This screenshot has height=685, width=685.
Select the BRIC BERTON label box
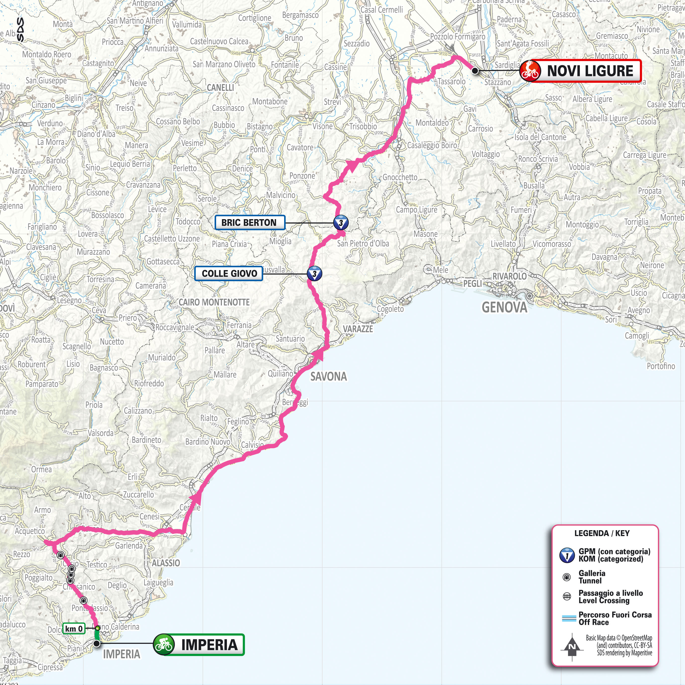(x=249, y=223)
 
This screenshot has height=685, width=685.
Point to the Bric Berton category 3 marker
(x=341, y=223)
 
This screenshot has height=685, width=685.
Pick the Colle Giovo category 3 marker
(x=314, y=274)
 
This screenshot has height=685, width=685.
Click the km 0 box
(x=74, y=629)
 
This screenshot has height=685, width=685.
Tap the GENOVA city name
(x=504, y=307)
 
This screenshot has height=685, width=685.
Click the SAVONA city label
(x=329, y=377)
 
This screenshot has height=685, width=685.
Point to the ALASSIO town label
(x=166, y=563)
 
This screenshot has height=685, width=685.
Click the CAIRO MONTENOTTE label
(x=214, y=302)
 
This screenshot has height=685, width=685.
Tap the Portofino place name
(x=661, y=366)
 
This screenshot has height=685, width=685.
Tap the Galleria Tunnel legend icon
(x=567, y=578)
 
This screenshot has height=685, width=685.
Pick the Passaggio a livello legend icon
(x=567, y=597)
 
